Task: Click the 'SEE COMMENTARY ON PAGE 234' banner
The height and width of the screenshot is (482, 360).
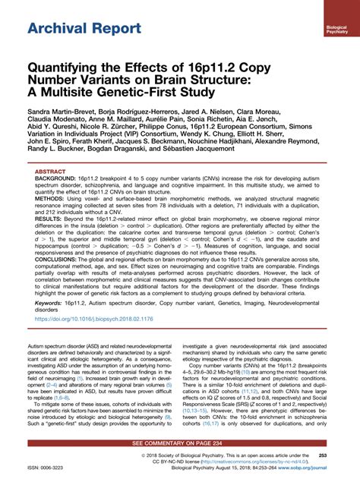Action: click(180, 441)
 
